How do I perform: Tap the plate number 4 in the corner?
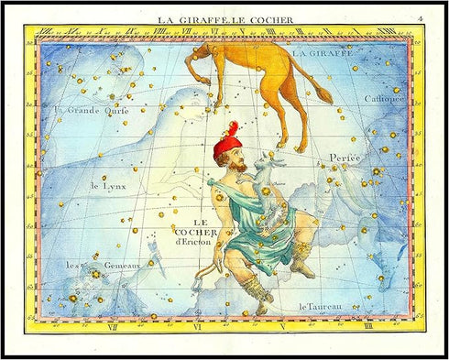point(419,17)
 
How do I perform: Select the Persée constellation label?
point(345,158)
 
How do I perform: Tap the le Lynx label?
point(107,187)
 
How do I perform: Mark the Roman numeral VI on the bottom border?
point(196,326)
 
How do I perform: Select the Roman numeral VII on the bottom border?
point(112,326)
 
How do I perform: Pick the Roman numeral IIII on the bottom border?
point(367,326)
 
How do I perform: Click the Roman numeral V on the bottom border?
point(282,326)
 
